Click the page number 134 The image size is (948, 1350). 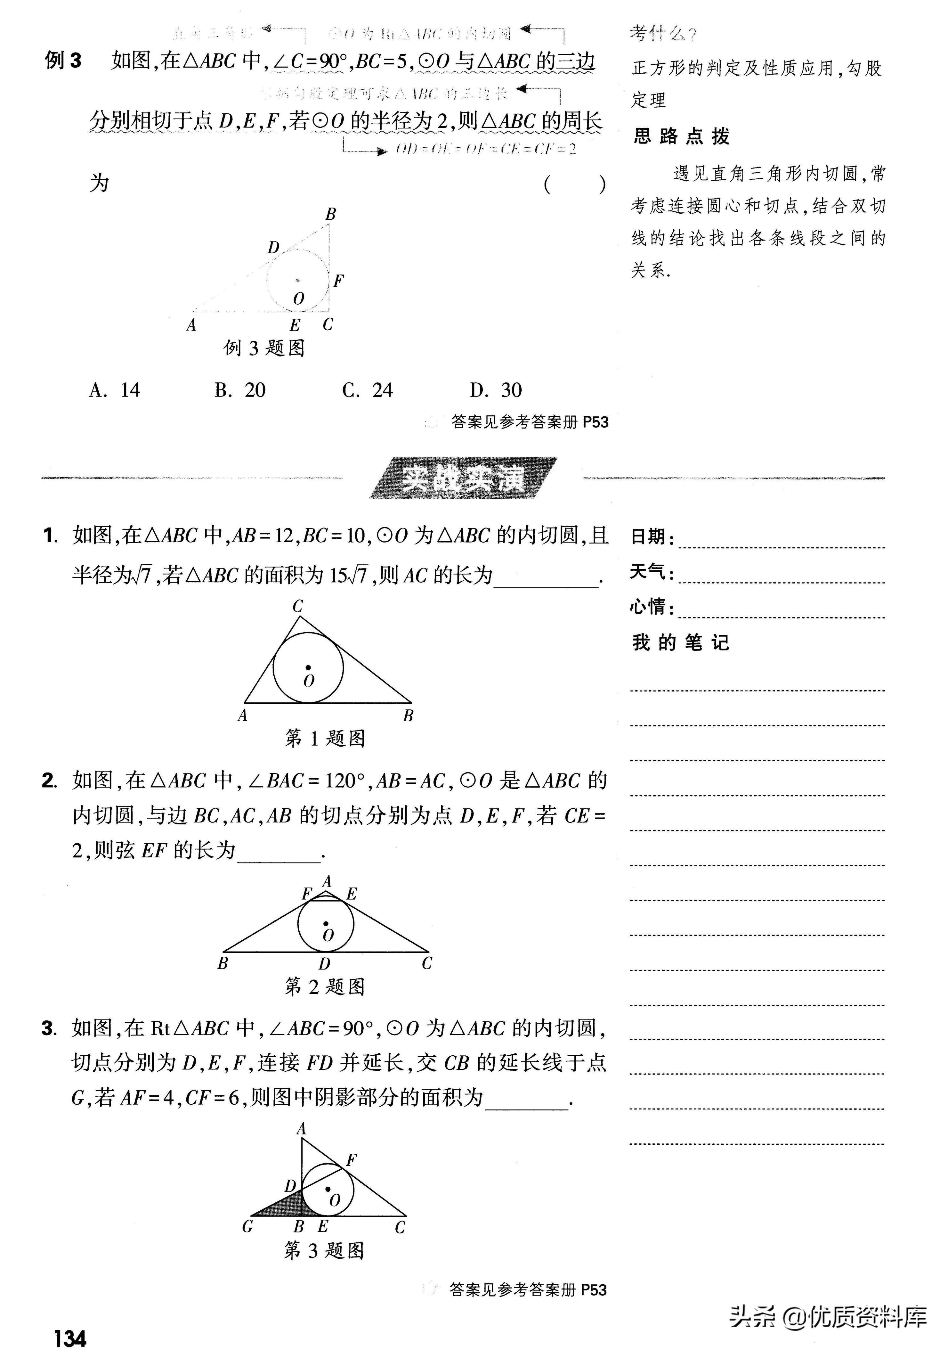[70, 1338]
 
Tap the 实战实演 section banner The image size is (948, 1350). [463, 479]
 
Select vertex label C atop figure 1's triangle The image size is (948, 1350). [298, 606]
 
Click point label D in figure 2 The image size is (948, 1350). [324, 964]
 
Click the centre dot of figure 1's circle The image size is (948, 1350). [307, 668]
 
